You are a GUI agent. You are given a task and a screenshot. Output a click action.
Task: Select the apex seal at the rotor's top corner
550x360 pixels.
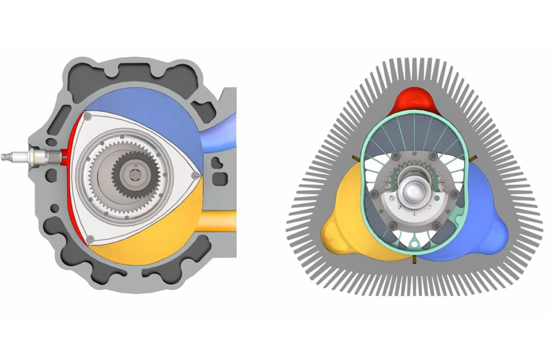[x=88, y=116]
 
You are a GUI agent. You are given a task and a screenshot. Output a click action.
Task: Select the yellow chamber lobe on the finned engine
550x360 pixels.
[x=345, y=220]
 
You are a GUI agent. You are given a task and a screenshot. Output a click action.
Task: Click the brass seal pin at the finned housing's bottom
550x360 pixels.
[x=414, y=259]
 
